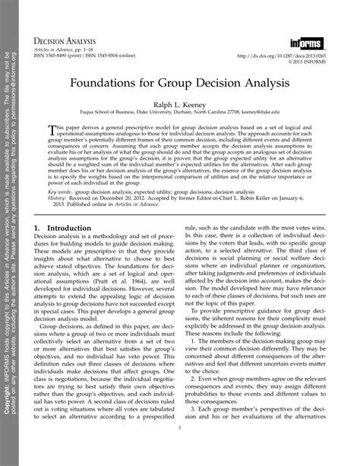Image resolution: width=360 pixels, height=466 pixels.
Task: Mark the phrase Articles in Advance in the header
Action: tap(68, 48)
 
